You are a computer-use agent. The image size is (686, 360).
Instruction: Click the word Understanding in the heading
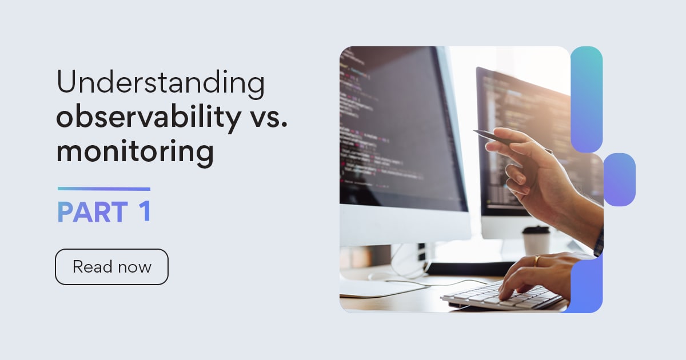pos(161,83)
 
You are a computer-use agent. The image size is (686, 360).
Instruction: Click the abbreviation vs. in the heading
pos(268,117)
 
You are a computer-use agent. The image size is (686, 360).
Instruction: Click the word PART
pos(92,213)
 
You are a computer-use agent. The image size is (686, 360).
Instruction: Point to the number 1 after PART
pos(144,211)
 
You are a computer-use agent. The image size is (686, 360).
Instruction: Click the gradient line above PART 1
pos(104,189)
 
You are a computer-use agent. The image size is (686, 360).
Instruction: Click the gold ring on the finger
pos(537,261)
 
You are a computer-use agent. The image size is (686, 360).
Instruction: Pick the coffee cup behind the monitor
pos(536,240)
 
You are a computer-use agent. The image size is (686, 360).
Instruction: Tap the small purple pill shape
pos(619,179)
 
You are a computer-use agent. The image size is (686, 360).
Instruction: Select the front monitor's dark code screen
pos(394,126)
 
